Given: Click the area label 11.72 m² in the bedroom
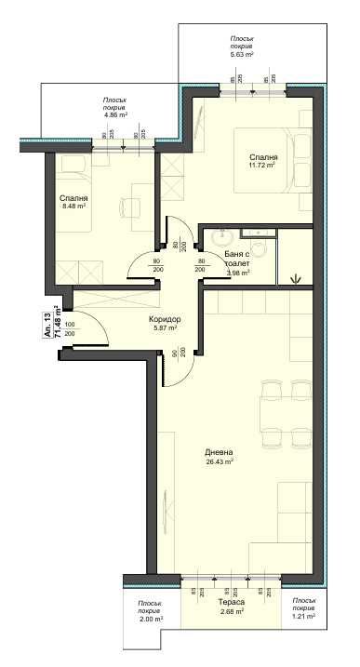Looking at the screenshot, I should pyautogui.click(x=263, y=167).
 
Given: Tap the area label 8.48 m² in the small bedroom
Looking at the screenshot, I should pyautogui.click(x=73, y=207).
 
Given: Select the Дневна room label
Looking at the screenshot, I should pyautogui.click(x=220, y=451).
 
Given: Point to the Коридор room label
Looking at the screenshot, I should pyautogui.click(x=165, y=320).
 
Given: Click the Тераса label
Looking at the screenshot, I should pyautogui.click(x=231, y=603).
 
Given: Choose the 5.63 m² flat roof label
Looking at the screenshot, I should pyautogui.click(x=248, y=56).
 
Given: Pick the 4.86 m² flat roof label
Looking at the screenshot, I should pyautogui.click(x=115, y=114).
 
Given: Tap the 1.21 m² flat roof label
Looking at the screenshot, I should pyautogui.click(x=304, y=617).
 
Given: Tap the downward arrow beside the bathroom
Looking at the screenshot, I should pyautogui.click(x=296, y=276).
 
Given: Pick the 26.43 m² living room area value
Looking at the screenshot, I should pyautogui.click(x=220, y=460).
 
